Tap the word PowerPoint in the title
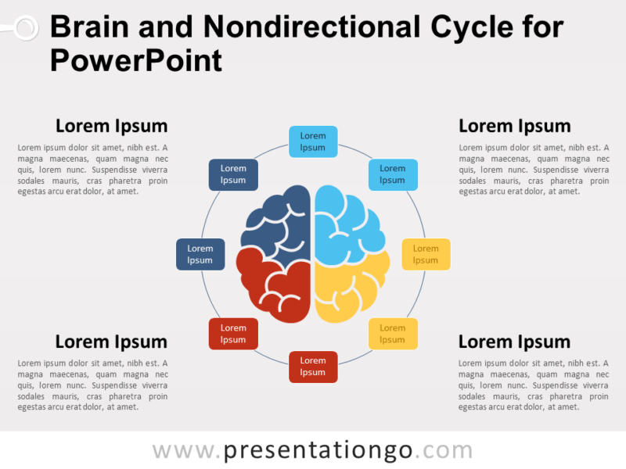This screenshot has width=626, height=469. point(136,59)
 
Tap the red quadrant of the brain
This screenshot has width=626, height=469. point(274,285)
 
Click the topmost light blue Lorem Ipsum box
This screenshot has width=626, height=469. point(313,141)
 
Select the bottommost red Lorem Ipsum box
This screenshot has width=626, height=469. point(313,367)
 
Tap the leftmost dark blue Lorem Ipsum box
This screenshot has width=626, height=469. point(200,255)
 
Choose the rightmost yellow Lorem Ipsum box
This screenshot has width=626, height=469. point(426,255)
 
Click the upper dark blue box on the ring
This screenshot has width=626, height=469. point(233,174)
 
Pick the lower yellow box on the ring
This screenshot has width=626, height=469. point(393,334)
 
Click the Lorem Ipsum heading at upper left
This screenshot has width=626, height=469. point(111,126)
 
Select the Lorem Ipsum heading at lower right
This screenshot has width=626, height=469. point(514,342)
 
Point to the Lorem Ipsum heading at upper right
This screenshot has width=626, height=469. point(514,126)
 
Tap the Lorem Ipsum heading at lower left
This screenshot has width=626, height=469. point(111,342)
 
